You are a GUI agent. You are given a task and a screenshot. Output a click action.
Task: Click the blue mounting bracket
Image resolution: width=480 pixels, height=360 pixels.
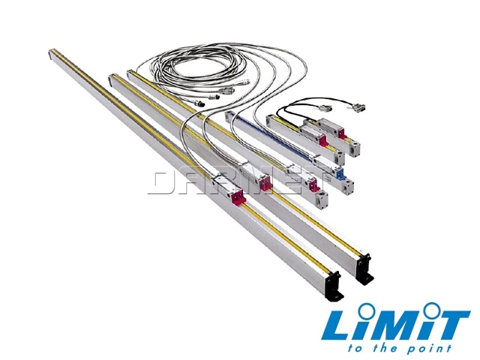(340, 174)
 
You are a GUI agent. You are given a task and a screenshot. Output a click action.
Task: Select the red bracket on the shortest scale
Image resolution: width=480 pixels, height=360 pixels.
(342, 133)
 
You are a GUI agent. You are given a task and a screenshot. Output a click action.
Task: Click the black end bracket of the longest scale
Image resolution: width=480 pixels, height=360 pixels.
(334, 286)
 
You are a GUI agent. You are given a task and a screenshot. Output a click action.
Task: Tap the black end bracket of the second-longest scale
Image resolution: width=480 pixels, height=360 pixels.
(365, 269)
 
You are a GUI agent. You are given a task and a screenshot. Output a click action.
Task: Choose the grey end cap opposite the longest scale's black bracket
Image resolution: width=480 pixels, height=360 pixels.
(51, 54)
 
